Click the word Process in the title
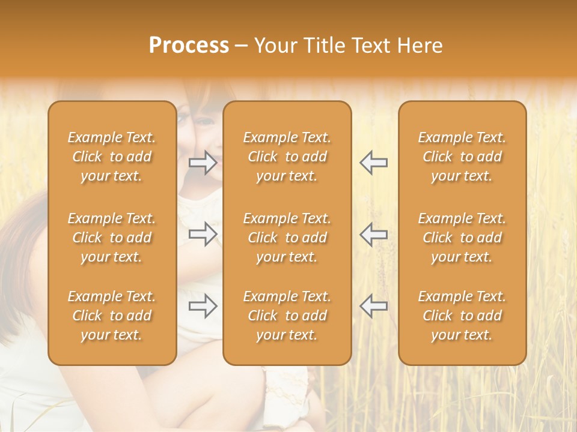click(189, 46)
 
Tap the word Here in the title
click(419, 46)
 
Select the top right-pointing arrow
click(203, 163)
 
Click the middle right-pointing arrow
click(203, 234)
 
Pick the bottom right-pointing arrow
click(203, 306)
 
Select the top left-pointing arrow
click(374, 163)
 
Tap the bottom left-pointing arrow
click(374, 306)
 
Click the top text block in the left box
click(112, 157)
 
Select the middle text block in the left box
click(112, 238)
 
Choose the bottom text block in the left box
click(112, 316)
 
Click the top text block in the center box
click(287, 157)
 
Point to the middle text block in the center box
click(287, 238)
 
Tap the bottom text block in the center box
click(287, 316)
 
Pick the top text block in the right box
click(462, 157)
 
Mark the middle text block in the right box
click(462, 238)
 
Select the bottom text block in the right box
click(462, 316)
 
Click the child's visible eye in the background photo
click(206, 122)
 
